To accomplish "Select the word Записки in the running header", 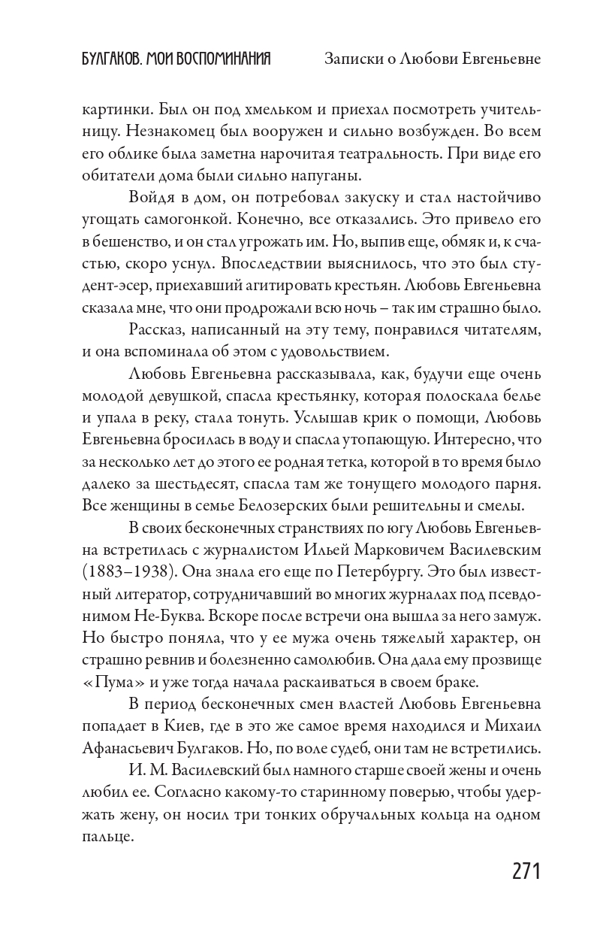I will click(x=351, y=59).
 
